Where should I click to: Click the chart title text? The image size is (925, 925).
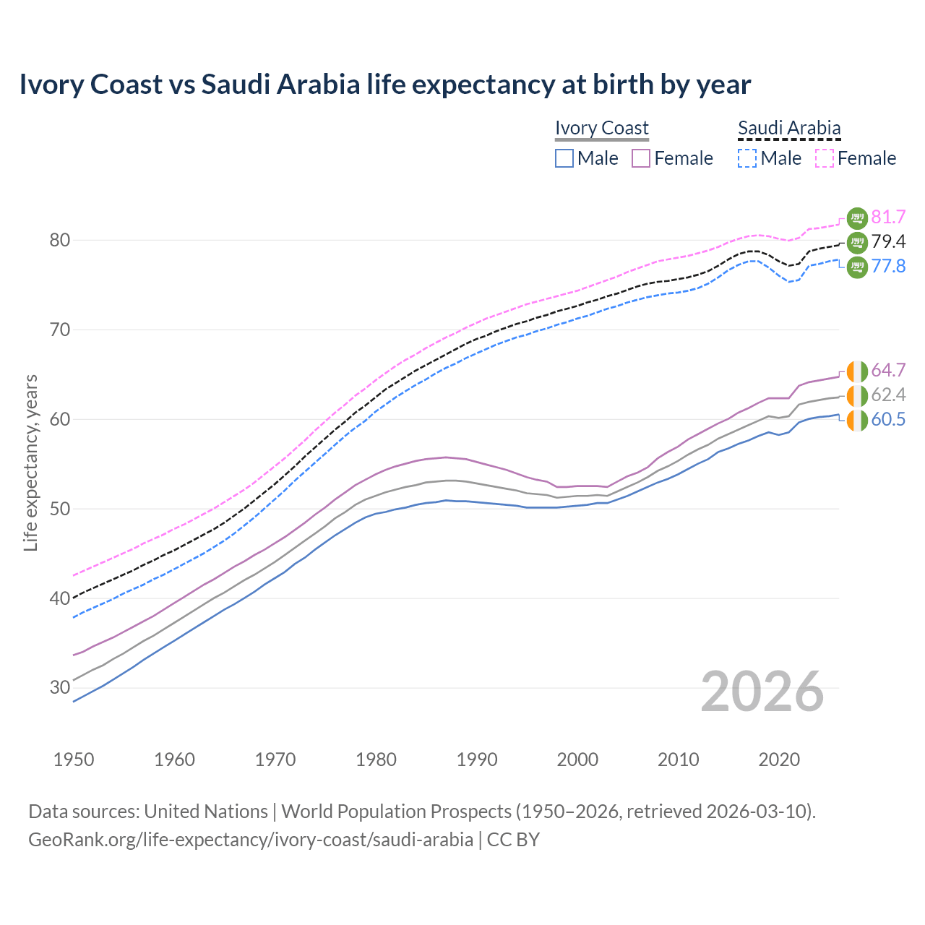[x=384, y=85]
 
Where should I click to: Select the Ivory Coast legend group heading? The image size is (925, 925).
[x=601, y=128]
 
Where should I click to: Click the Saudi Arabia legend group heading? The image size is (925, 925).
[x=789, y=128]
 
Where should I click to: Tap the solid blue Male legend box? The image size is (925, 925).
[x=564, y=158]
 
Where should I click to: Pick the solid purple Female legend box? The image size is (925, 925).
[x=641, y=158]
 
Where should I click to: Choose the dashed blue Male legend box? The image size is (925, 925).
[x=747, y=158]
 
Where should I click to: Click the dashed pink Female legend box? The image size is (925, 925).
[x=825, y=158]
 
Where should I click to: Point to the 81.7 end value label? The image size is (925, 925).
[x=888, y=217]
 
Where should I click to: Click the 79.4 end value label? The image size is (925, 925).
[x=888, y=241]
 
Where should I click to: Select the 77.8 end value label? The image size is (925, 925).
[x=888, y=266]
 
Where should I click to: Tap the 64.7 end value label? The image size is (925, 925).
[x=888, y=370]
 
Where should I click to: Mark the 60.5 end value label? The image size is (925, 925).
[x=888, y=419]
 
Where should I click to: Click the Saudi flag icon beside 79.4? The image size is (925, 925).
[x=857, y=242]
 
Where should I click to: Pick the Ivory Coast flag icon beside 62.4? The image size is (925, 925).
[x=857, y=395]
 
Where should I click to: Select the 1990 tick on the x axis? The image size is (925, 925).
[x=477, y=760]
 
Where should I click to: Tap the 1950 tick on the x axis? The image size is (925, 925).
[x=74, y=760]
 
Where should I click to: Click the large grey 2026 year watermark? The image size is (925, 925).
[x=762, y=692]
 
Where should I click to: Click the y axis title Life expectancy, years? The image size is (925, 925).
[x=30, y=462]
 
